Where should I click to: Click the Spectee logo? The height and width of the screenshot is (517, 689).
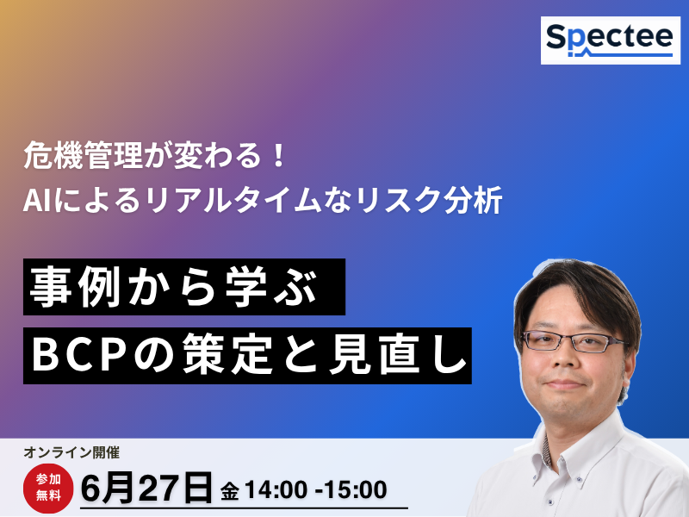tap(611, 40)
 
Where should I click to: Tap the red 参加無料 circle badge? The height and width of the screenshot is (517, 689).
tap(48, 488)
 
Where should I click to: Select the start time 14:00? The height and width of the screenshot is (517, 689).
tap(276, 490)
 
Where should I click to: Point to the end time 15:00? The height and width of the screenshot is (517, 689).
tap(356, 490)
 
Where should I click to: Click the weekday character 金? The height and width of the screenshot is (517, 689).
tap(230, 491)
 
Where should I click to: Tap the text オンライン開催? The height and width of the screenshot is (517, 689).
tap(71, 452)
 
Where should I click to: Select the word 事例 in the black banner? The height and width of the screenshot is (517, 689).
tap(75, 288)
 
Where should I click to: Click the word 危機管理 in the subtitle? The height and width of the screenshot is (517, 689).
tap(82, 156)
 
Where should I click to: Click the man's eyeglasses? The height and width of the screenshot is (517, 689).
tap(574, 340)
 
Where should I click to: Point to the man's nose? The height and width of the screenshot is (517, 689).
tap(566, 359)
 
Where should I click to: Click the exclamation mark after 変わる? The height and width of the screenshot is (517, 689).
tap(277, 156)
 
